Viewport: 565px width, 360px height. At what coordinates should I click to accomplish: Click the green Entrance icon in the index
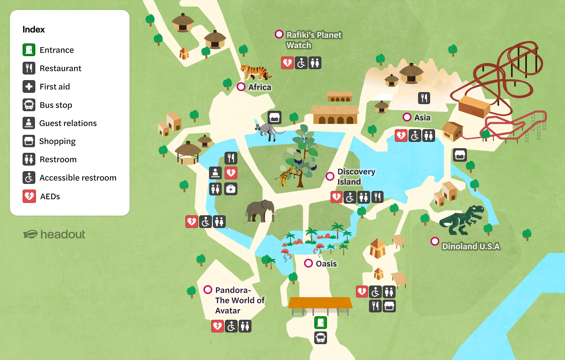[x=29, y=50]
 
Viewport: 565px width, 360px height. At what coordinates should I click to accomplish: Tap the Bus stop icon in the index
[x=29, y=105]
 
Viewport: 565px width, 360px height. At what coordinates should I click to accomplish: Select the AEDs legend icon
[x=29, y=196]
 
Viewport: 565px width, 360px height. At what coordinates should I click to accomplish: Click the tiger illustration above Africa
[x=255, y=72]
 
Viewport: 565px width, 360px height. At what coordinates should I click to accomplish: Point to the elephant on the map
[x=261, y=211]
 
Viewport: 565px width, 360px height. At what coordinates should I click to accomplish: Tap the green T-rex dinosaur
[x=461, y=220]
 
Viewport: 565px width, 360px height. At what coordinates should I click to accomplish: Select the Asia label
[x=422, y=118]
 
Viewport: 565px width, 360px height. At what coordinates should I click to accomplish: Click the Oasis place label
[x=326, y=264]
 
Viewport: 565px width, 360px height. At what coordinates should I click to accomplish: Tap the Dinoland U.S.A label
[x=471, y=246]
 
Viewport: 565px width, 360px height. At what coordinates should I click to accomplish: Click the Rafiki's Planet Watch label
[x=314, y=40]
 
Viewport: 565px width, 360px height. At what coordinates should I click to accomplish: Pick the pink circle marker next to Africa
[x=241, y=87]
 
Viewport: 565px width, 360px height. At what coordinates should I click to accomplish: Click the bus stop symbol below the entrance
[x=320, y=338]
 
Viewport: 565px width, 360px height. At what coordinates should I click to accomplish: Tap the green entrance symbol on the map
[x=320, y=322]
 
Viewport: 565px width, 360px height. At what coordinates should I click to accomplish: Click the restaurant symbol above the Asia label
[x=424, y=98]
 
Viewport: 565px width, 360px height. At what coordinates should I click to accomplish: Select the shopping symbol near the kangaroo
[x=274, y=117]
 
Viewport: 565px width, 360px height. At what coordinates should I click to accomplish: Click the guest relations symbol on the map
[x=215, y=173]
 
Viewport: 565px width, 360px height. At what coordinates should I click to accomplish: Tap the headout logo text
[x=63, y=234]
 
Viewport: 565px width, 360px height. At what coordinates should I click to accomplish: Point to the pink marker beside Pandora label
[x=208, y=290]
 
